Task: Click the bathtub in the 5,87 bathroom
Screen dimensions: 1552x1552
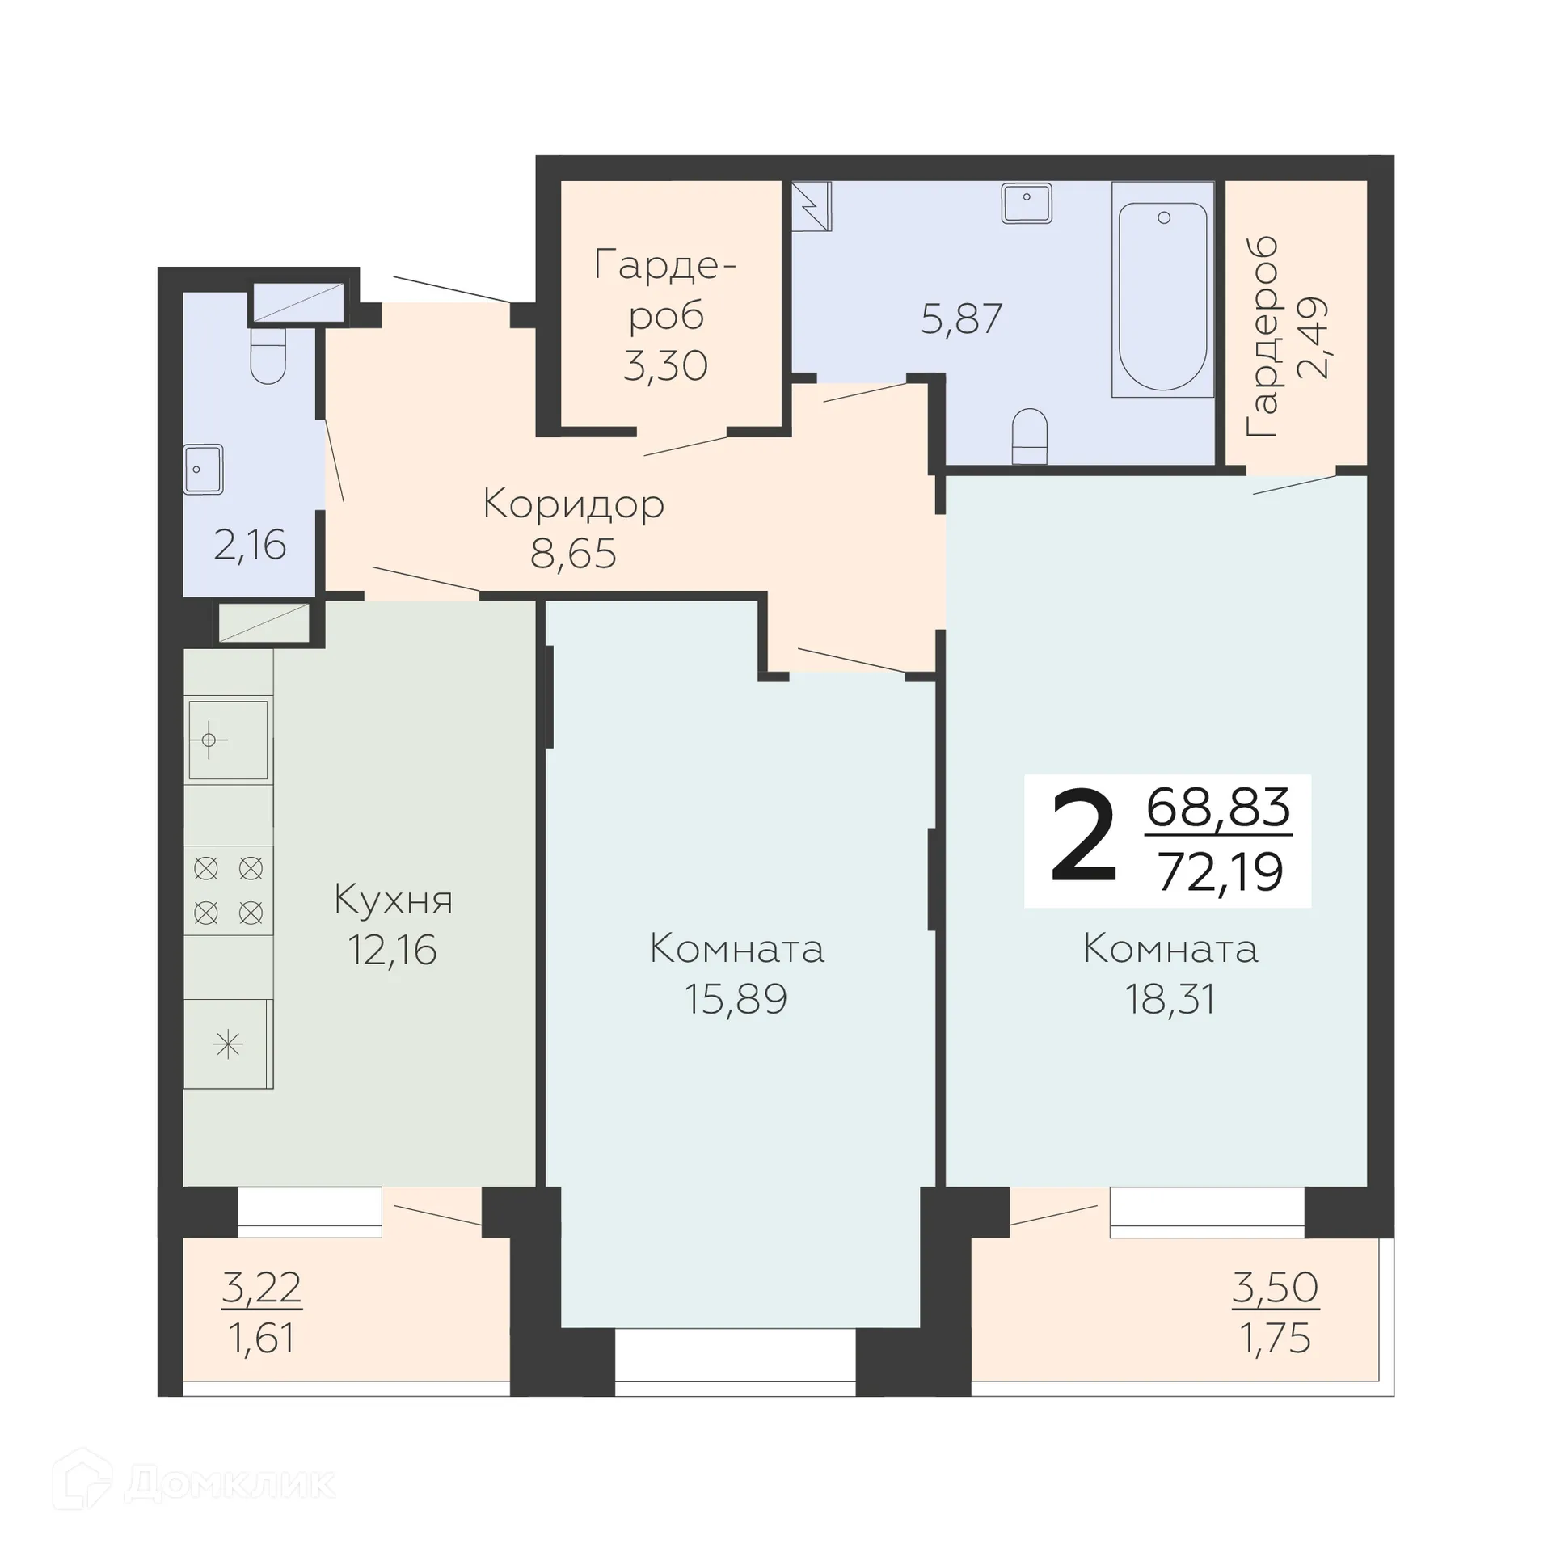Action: coord(1162,289)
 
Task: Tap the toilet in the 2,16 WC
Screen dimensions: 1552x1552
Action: coord(268,356)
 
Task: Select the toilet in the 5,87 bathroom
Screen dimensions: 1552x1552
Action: coord(1029,436)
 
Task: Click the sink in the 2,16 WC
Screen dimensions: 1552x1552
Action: coord(203,469)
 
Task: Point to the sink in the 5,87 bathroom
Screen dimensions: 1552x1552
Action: coord(1026,202)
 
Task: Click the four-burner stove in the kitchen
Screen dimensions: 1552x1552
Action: coord(228,891)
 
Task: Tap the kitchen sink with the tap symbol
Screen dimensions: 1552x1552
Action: coord(228,740)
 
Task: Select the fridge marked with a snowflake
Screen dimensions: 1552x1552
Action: coord(228,1044)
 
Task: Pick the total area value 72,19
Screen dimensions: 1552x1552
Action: coord(1221,872)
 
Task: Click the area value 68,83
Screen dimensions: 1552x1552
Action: coord(1218,807)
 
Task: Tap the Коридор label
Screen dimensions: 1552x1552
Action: coord(573,504)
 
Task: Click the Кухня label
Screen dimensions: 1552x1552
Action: coord(393,900)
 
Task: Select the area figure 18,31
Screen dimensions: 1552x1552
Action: coord(1170,1000)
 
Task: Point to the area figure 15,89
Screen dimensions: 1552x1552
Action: coord(736,999)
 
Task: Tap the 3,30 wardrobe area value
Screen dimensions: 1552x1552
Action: coord(665,366)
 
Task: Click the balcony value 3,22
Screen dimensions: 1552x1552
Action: coord(261,1288)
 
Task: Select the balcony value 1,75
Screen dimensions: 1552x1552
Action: coord(1275,1339)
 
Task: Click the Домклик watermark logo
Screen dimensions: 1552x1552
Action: coord(194,1482)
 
